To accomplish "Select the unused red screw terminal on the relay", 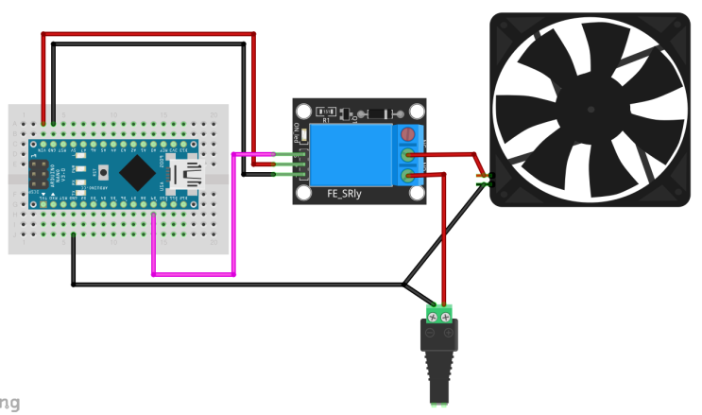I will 408,135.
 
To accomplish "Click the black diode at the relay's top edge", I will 380,113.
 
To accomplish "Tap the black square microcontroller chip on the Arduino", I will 138,172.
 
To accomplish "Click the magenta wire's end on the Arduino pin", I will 153,214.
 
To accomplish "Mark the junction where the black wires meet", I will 403,283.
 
